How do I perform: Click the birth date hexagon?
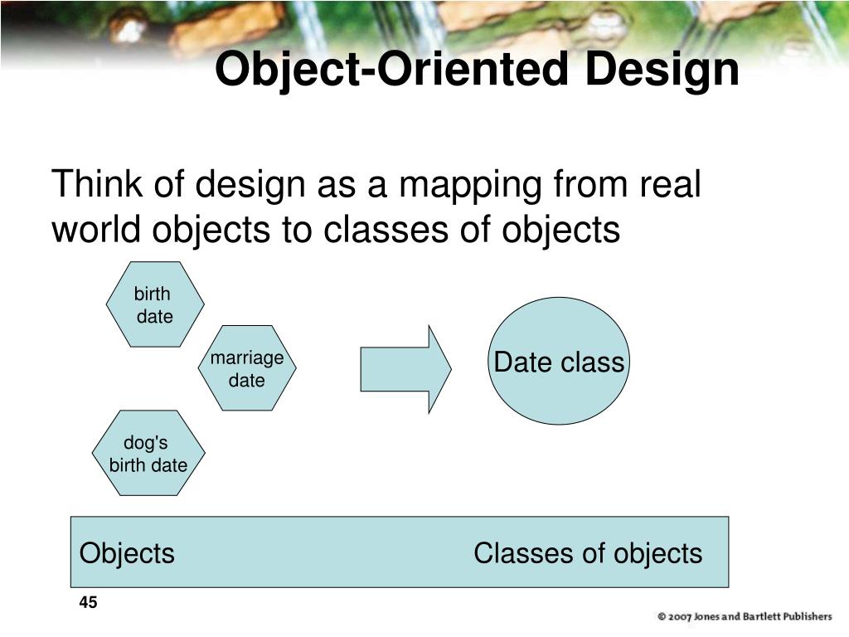click(155, 304)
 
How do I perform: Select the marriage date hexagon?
click(247, 368)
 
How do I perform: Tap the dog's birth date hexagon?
click(148, 454)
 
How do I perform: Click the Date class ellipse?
click(558, 362)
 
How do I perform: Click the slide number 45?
click(89, 602)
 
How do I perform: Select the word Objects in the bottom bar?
click(127, 553)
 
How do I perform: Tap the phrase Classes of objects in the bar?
click(588, 553)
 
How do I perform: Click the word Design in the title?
click(662, 70)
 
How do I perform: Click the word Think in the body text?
click(96, 184)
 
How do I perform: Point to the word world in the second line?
click(96, 230)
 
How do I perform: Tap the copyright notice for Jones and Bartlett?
click(744, 616)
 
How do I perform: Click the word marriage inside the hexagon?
click(247, 358)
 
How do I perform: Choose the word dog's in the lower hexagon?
click(146, 444)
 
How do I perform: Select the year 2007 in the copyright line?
click(680, 616)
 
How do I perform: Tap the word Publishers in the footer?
click(802, 616)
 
